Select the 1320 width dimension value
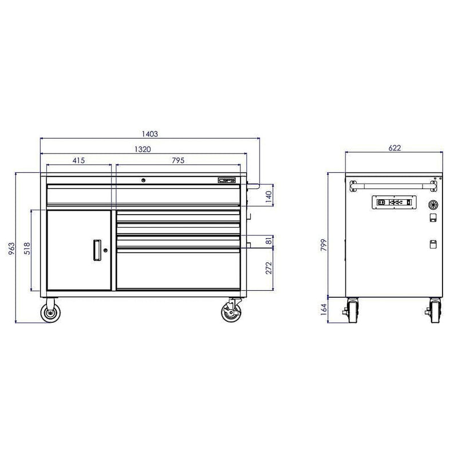[143, 149]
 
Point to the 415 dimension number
[78, 161]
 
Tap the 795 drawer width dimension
[178, 161]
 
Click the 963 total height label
[11, 247]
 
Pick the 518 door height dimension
[26, 250]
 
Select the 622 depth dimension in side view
[394, 148]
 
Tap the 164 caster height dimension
[323, 310]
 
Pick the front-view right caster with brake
[232, 313]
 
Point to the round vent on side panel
[433, 203]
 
